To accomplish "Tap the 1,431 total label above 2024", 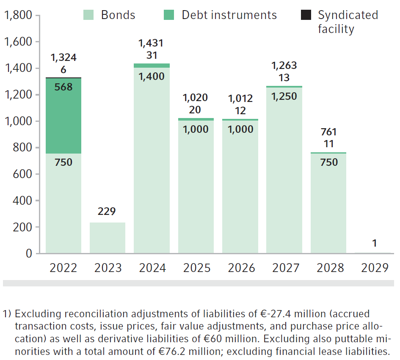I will click(x=151, y=43).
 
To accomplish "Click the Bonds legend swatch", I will click(x=88, y=15).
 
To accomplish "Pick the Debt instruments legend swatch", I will click(x=169, y=15).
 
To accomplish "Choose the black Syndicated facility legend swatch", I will click(x=305, y=15).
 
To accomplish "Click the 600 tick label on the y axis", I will click(x=23, y=174).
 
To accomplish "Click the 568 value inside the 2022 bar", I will click(x=63, y=87).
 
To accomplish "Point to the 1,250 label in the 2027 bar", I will click(x=284, y=96).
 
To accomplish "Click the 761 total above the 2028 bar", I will click(x=328, y=132).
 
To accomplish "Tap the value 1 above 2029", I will click(x=374, y=243).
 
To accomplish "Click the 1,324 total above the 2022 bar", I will click(x=63, y=58).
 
